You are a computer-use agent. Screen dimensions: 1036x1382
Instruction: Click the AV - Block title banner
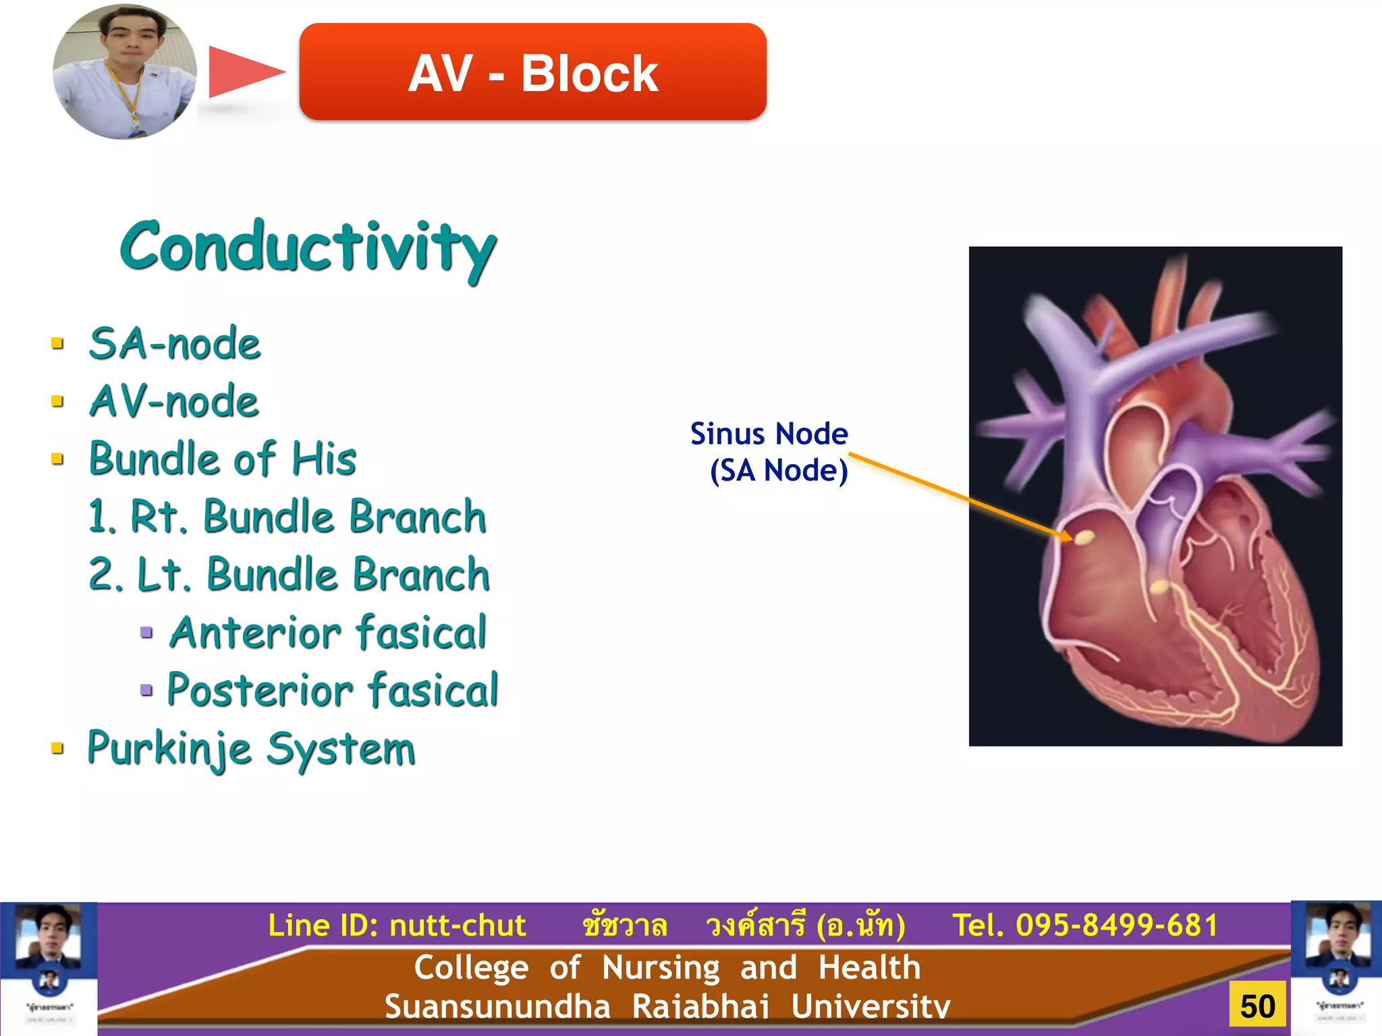pos(532,72)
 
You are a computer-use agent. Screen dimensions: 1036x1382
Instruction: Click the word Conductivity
pos(308,248)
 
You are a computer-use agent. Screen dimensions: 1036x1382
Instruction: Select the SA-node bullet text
pos(174,343)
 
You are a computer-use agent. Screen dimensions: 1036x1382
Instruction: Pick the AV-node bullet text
pos(173,401)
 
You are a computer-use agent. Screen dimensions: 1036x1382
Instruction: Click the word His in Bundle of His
pos(324,459)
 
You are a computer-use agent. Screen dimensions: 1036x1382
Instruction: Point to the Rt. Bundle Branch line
pos(287,517)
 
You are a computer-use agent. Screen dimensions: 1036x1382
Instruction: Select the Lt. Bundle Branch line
pos(289,575)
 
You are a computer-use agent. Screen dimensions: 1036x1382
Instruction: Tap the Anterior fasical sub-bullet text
pos(328,633)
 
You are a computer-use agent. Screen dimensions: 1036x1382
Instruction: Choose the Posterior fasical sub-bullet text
pos(332,690)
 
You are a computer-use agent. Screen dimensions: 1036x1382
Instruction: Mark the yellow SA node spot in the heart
pos(1084,537)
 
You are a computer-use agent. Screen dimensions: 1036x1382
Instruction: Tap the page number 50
pos(1257,1006)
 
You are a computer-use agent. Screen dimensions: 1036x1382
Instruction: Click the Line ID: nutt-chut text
pos(397,925)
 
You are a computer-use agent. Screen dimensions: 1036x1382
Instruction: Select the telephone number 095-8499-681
pos(1116,925)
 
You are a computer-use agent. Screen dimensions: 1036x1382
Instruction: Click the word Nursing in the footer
pos(661,967)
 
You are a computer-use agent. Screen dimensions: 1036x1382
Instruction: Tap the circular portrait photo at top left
pos(125,72)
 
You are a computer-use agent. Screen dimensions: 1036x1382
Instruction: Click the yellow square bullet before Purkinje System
pos(58,748)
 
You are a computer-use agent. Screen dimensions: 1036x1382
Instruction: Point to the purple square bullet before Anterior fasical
pos(146,633)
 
